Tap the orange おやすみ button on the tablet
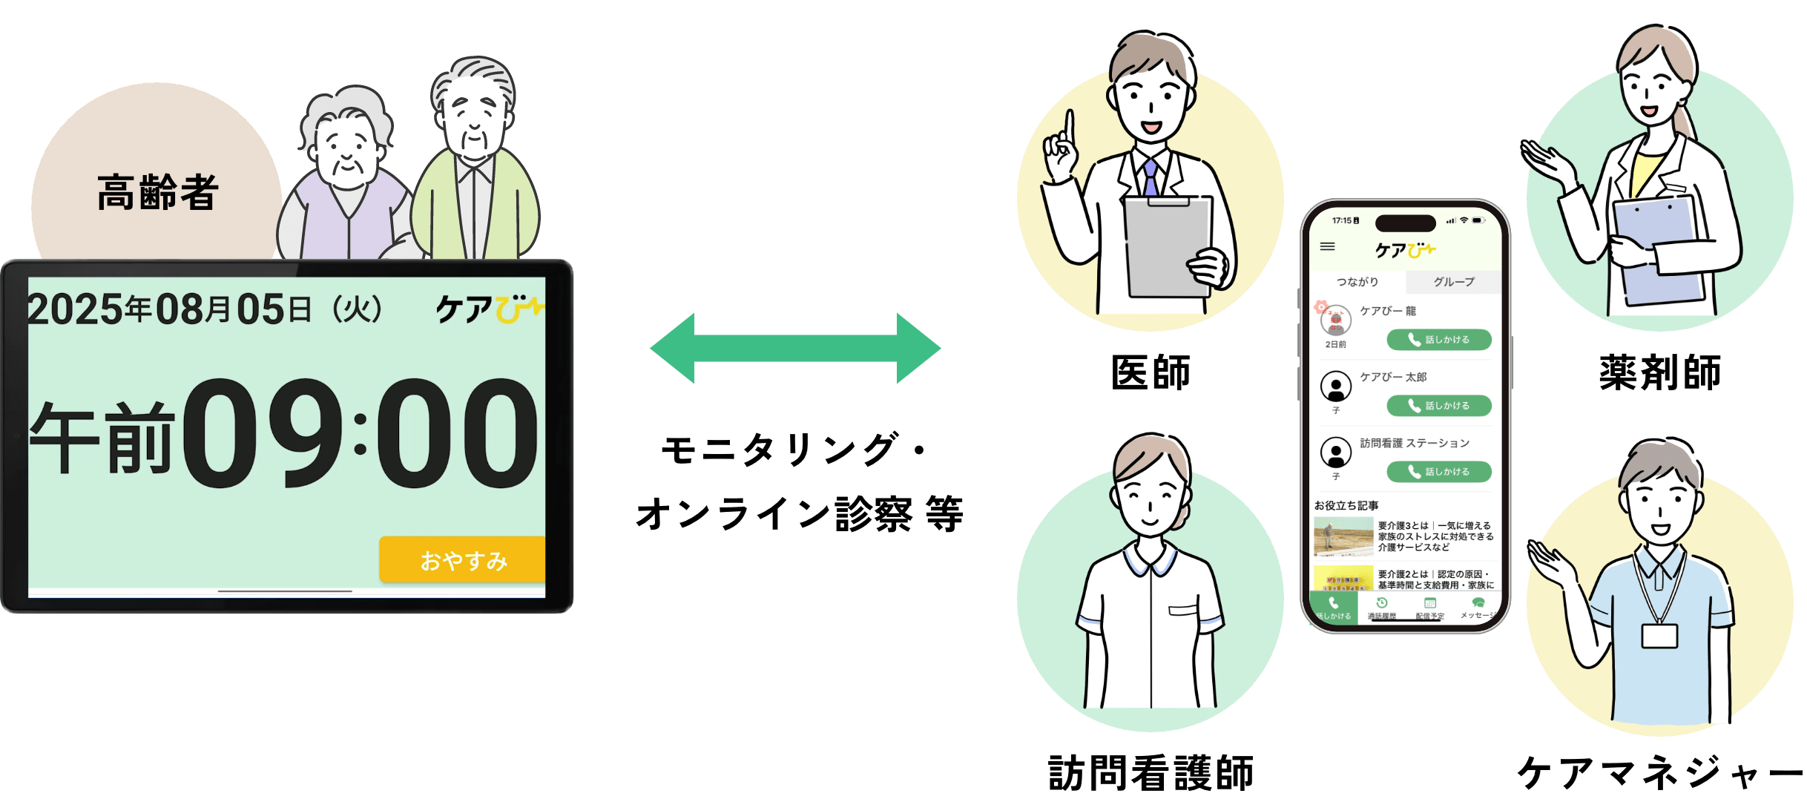click(x=463, y=560)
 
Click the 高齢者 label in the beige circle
click(x=157, y=193)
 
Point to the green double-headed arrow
click(x=795, y=348)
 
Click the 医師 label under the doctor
click(x=1151, y=372)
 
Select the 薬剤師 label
click(x=1659, y=372)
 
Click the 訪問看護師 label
click(x=1151, y=773)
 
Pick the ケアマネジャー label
click(x=1660, y=773)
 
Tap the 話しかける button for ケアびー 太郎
click(x=1438, y=406)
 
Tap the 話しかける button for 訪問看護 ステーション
click(x=1438, y=472)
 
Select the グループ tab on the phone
click(x=1453, y=282)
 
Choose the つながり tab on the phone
click(x=1357, y=282)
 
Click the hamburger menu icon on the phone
click(x=1328, y=247)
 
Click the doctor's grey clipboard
click(x=1165, y=245)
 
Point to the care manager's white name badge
click(x=1659, y=636)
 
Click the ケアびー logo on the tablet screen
click(x=489, y=309)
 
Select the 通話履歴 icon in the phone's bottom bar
click(x=1382, y=607)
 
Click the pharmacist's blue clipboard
click(x=1658, y=245)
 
